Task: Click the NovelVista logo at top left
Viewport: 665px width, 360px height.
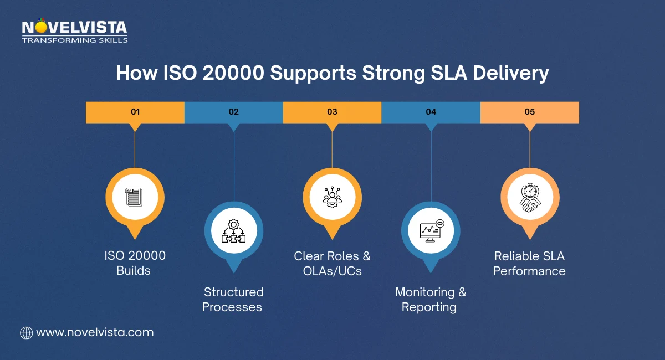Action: click(74, 28)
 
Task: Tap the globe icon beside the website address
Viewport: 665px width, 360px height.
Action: click(26, 332)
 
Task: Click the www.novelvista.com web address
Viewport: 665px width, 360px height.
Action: click(94, 332)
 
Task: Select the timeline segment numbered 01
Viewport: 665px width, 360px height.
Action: click(135, 112)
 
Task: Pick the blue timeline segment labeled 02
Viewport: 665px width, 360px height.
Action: click(233, 112)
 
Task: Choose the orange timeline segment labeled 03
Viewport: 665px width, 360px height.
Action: click(332, 112)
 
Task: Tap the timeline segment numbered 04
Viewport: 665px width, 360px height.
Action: click(431, 112)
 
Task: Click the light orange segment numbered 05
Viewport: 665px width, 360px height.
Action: click(529, 112)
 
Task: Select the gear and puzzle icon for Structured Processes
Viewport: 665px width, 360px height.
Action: click(233, 230)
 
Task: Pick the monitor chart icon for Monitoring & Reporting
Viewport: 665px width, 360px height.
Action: click(431, 230)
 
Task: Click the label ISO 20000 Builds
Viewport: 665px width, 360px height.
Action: click(135, 263)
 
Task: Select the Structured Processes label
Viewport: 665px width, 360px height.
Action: click(233, 299)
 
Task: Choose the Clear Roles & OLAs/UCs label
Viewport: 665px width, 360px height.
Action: click(332, 264)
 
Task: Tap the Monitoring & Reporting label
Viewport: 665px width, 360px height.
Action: click(431, 299)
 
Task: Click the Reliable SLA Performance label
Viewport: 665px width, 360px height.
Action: click(529, 264)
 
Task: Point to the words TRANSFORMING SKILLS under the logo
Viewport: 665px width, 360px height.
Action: click(74, 40)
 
